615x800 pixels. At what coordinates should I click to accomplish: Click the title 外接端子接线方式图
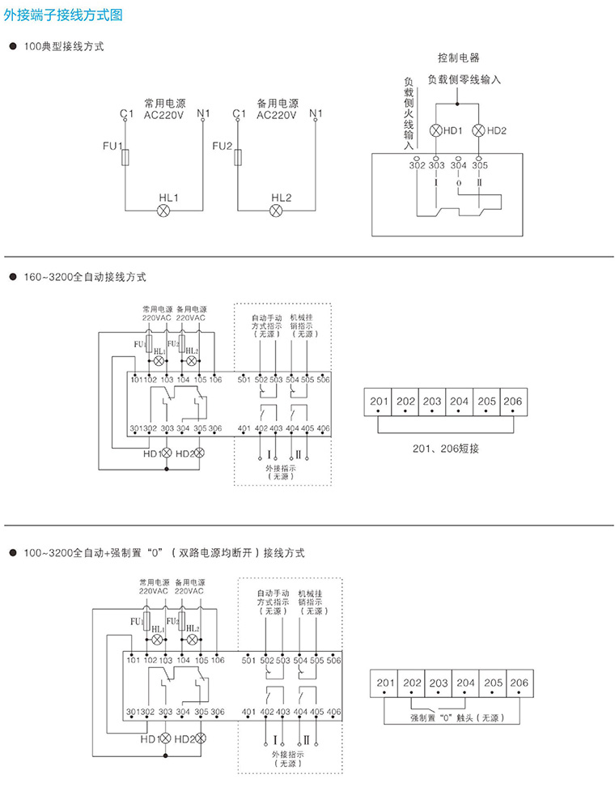click(64, 13)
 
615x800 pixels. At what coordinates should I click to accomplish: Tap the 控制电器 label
click(458, 58)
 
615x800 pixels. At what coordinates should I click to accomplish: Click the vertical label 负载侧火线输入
click(409, 113)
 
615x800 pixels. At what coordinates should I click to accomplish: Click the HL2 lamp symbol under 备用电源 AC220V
click(276, 211)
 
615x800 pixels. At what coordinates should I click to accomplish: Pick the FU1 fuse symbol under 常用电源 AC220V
click(125, 159)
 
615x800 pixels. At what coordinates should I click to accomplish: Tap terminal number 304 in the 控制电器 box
click(458, 165)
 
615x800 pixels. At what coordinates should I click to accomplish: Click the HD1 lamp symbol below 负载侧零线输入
click(436, 130)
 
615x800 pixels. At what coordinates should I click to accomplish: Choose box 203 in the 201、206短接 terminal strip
click(432, 402)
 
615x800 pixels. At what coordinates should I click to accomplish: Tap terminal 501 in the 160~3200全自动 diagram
click(244, 380)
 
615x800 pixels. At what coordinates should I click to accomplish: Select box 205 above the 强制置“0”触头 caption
click(493, 683)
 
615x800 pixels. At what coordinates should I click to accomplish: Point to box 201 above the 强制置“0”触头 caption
click(385, 683)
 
